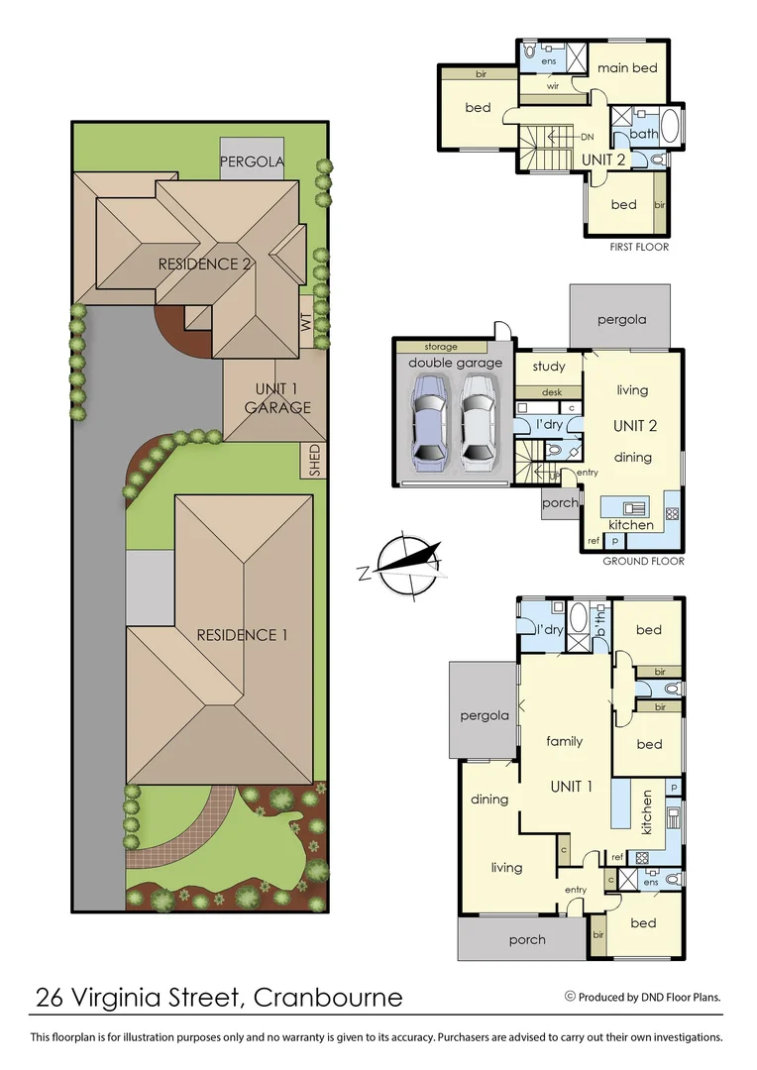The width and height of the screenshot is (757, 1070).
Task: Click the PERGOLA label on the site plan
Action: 252,161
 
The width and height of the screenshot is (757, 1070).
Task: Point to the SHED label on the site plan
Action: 314,460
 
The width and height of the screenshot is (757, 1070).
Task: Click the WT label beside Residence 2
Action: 305,323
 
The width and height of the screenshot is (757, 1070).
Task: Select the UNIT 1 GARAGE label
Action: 277,398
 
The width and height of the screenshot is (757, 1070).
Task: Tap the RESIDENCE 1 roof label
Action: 241,635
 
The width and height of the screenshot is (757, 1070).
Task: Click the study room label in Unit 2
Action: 549,367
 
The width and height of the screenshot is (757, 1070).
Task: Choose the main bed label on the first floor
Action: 626,68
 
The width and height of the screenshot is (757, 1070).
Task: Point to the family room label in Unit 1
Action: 565,741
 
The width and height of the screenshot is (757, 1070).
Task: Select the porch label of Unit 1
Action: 526,939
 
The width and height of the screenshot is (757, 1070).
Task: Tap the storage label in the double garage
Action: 441,347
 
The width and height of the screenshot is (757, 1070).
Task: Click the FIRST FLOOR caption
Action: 639,247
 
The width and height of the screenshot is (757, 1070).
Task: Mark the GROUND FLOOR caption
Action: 643,561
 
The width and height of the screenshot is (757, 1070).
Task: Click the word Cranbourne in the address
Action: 328,997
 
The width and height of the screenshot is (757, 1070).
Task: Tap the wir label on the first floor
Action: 554,86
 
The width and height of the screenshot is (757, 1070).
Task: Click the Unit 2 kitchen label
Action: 630,524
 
